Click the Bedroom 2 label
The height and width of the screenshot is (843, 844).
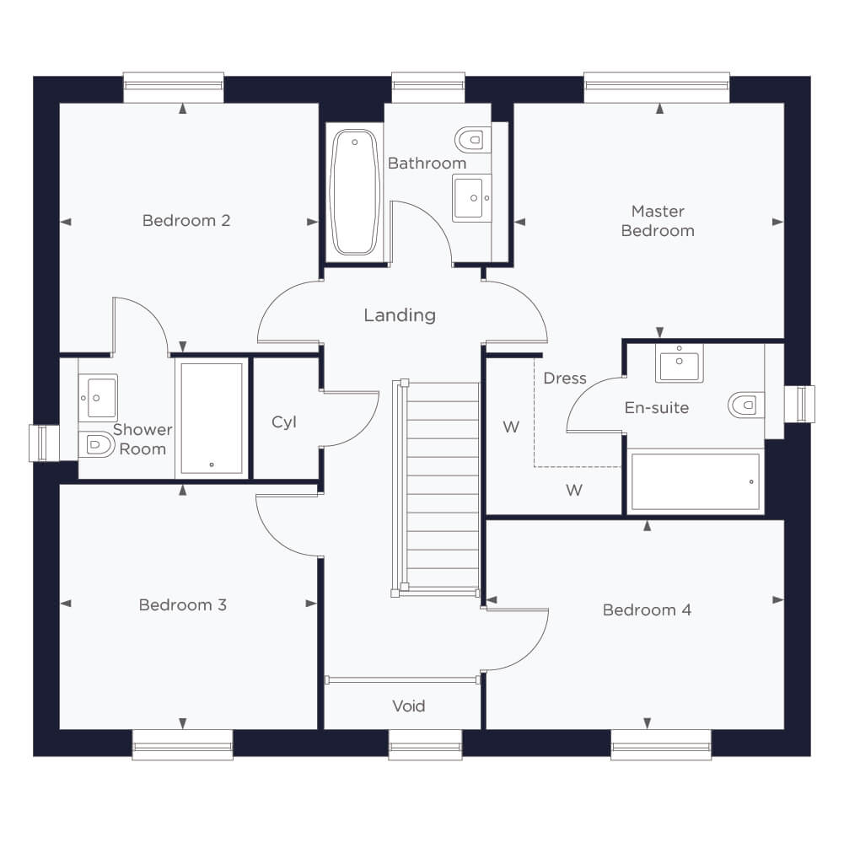coord(186,221)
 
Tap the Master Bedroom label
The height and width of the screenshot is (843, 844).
coord(658,221)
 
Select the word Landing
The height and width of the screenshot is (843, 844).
coord(400,315)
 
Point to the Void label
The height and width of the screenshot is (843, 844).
coord(409,706)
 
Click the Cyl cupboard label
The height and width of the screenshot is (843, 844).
coord(284,422)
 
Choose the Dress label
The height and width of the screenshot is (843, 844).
coord(565,379)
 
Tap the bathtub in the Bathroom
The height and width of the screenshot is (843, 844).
coord(355,192)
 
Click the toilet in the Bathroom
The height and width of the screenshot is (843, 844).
coord(473,140)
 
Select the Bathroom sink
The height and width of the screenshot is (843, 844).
coord(472,197)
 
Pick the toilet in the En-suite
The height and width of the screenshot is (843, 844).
coord(746,405)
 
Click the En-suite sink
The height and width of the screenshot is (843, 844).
coord(680,363)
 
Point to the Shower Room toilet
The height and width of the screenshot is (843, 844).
coord(97,444)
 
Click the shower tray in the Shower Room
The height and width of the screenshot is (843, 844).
coord(212,418)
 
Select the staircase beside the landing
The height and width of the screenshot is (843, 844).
coord(437,489)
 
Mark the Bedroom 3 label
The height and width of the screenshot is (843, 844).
coord(183,605)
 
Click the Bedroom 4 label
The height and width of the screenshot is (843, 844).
coord(647,609)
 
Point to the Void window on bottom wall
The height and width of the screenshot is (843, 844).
coord(425,745)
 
